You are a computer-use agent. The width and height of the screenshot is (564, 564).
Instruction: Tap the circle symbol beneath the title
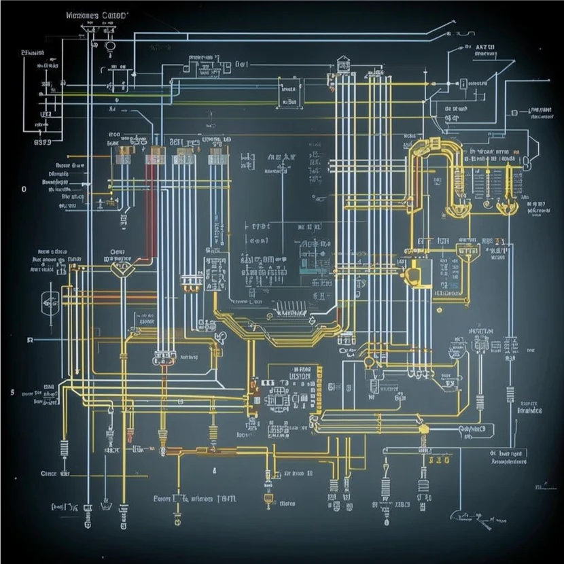109,46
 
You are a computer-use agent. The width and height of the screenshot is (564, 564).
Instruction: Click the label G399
42,143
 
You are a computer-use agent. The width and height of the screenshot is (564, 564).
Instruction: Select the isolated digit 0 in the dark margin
23,189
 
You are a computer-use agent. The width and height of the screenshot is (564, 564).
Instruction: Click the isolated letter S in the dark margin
12,392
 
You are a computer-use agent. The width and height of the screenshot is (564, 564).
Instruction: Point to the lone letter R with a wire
29,339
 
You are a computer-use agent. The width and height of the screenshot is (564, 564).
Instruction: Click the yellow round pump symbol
412,275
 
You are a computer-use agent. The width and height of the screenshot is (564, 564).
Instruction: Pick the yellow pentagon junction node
121,270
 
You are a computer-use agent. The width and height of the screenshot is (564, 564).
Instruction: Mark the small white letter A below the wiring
213,470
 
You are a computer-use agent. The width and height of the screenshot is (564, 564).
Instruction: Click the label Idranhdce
529,410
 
